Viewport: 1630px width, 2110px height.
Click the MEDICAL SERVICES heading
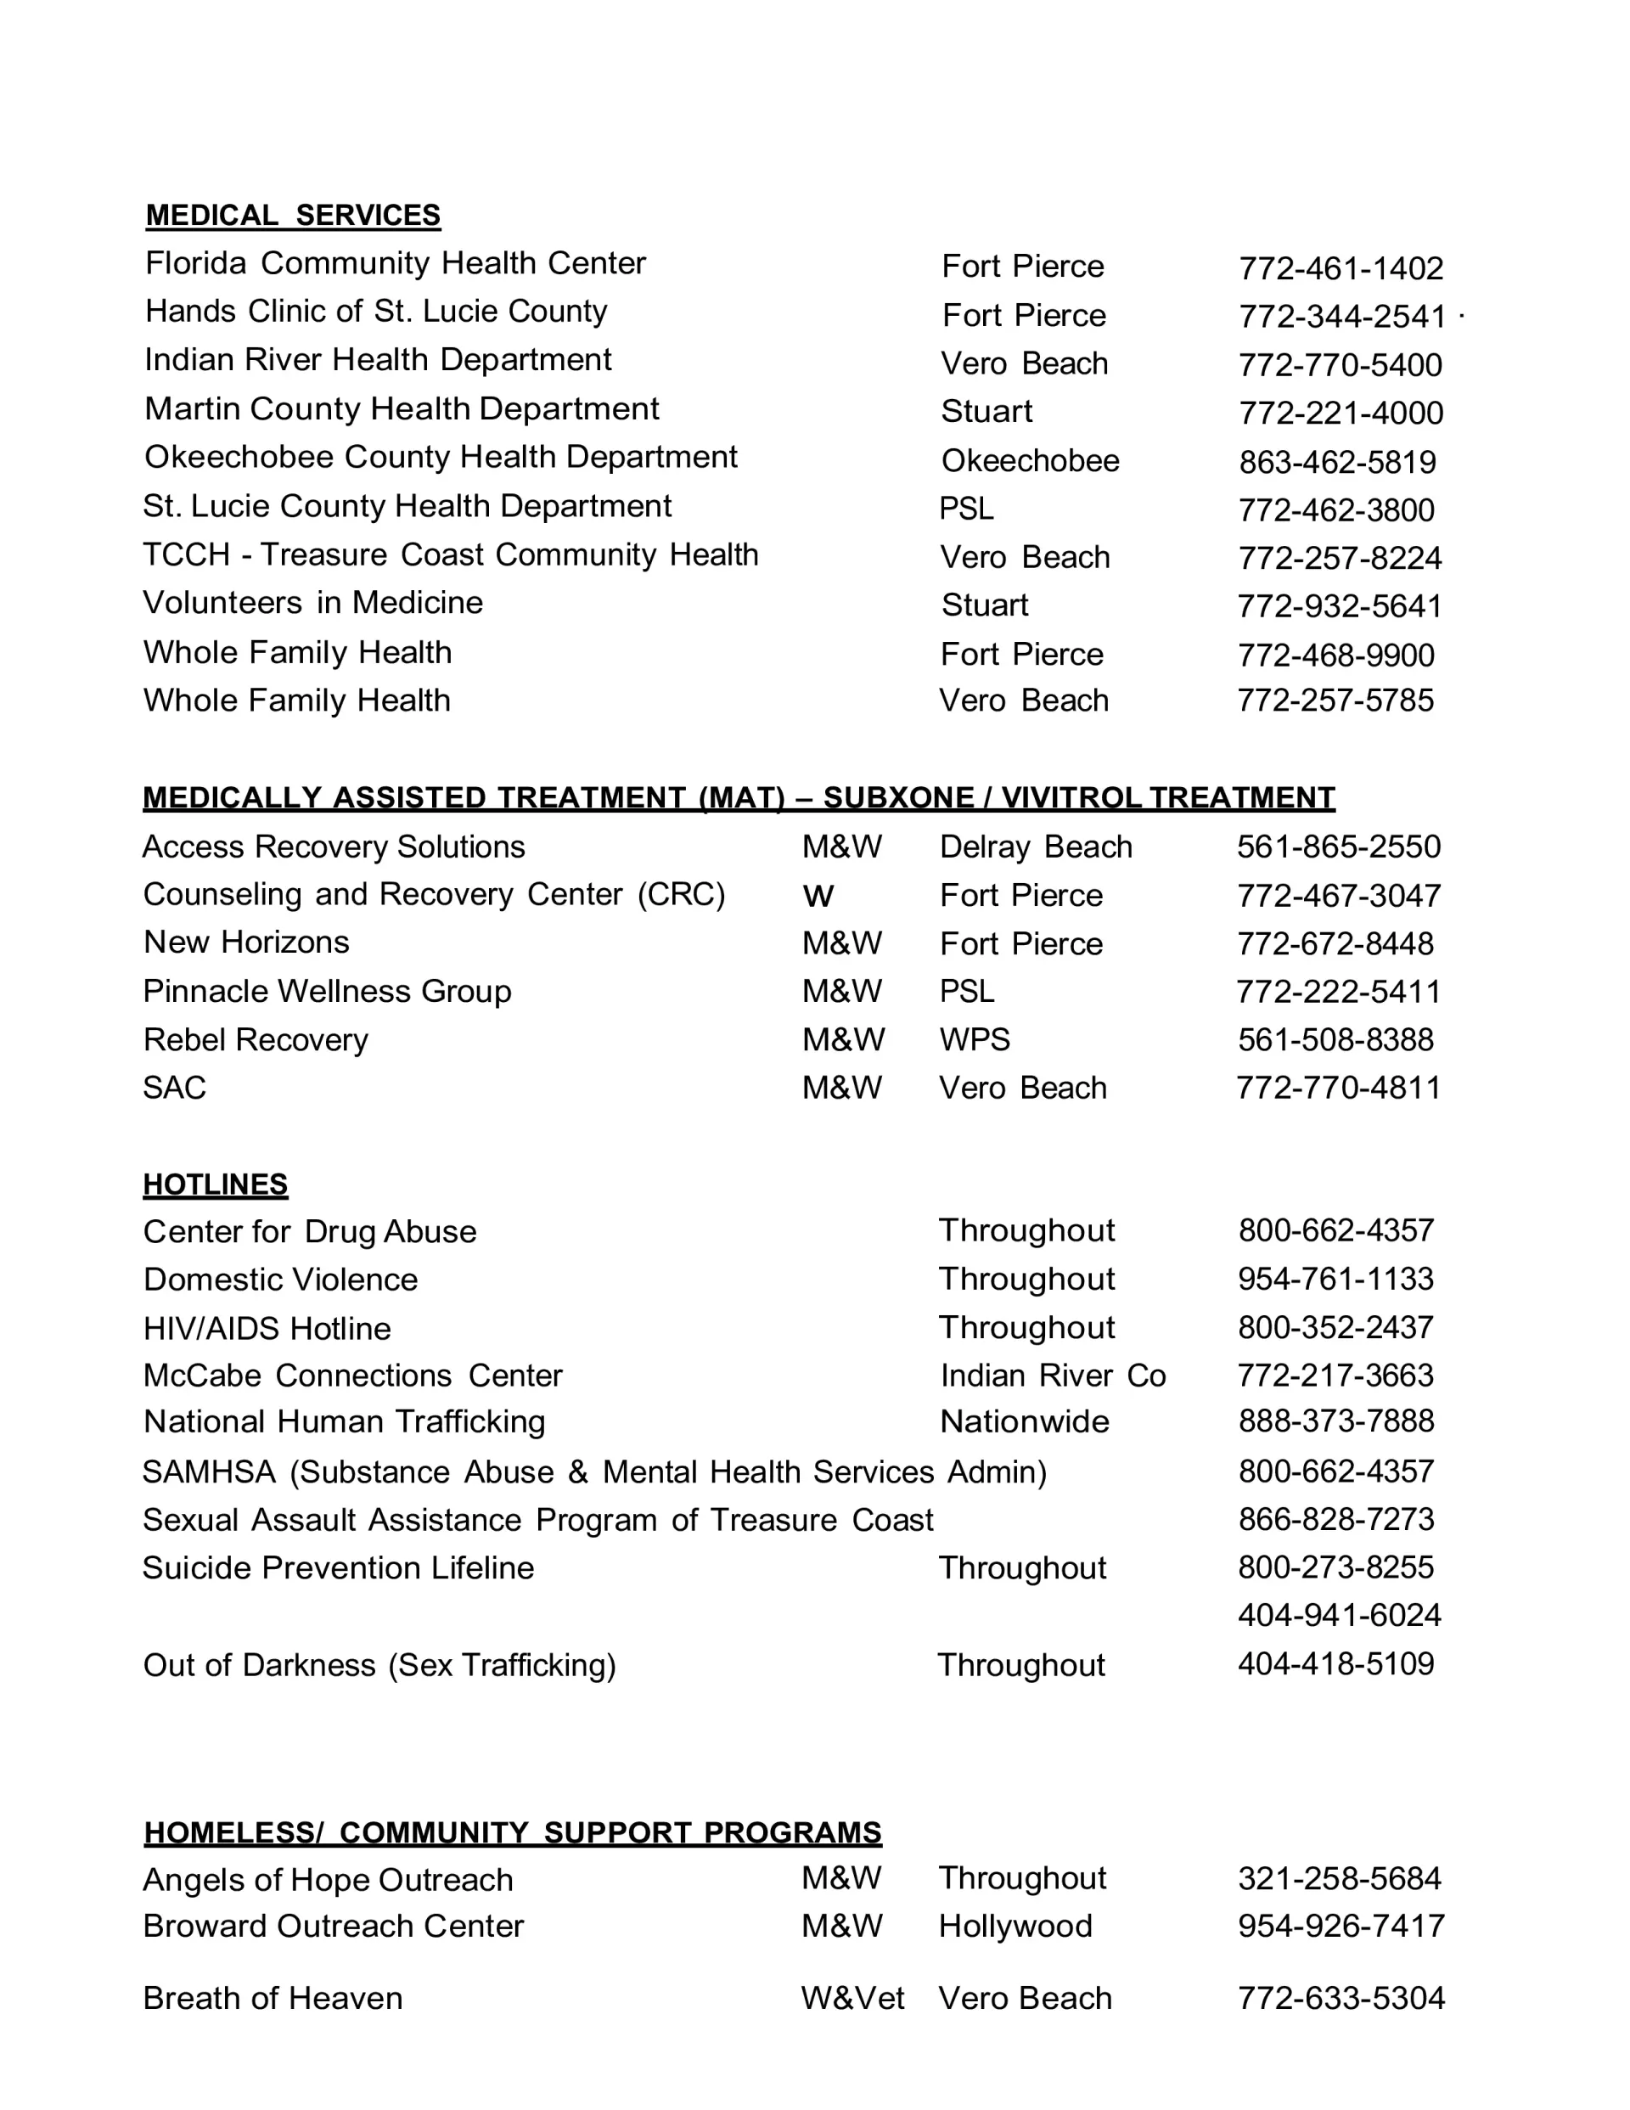pyautogui.click(x=293, y=215)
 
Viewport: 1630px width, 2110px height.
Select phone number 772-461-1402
pyautogui.click(x=1341, y=267)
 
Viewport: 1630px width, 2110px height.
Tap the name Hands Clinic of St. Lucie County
pyautogui.click(x=376, y=311)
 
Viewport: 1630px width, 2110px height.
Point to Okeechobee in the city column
pyautogui.click(x=1030, y=461)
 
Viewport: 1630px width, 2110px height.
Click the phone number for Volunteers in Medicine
pyautogui.click(x=1339, y=605)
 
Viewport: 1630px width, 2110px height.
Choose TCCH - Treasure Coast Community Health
pyautogui.click(x=450, y=554)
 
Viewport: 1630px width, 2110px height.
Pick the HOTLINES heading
pyautogui.click(x=216, y=1184)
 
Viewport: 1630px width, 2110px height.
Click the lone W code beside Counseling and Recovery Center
pyautogui.click(x=818, y=896)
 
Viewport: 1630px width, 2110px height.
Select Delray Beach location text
pyautogui.click(x=1035, y=847)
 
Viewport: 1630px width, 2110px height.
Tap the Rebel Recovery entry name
pyautogui.click(x=255, y=1039)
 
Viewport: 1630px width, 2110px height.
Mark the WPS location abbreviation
pyautogui.click(x=974, y=1039)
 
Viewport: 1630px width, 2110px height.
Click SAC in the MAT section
pyautogui.click(x=174, y=1088)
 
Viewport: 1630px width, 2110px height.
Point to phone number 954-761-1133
pyautogui.click(x=1335, y=1278)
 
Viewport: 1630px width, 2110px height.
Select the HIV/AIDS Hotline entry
pyautogui.click(x=267, y=1329)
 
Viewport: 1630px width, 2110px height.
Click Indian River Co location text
pyautogui.click(x=1052, y=1375)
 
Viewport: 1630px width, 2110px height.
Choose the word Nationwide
pyautogui.click(x=1024, y=1421)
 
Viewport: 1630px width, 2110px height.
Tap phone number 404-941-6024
pyautogui.click(x=1339, y=1614)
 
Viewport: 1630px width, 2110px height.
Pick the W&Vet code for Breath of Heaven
pyautogui.click(x=852, y=1998)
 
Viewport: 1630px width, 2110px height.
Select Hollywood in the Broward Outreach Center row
pyautogui.click(x=1015, y=1926)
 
